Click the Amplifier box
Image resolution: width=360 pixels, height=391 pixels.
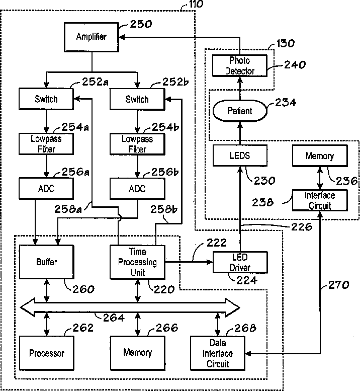tap(92, 37)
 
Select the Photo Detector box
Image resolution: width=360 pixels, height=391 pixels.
tap(240, 65)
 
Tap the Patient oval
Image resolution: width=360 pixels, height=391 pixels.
tap(240, 111)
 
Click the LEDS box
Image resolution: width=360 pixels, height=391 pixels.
tap(240, 155)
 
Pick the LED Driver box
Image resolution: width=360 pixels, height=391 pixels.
tap(240, 262)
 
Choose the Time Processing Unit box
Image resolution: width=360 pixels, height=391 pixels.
tap(137, 262)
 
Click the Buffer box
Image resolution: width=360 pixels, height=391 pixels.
tap(47, 262)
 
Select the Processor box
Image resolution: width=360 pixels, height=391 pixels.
tap(47, 353)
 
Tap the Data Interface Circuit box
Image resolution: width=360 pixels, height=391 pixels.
tap(218, 353)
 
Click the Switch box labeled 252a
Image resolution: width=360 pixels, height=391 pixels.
tap(46, 99)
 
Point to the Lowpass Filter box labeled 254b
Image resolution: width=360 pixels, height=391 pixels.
tap(137, 144)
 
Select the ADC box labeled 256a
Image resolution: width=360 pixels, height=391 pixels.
tap(46, 189)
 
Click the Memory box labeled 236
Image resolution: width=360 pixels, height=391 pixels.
tap(320, 156)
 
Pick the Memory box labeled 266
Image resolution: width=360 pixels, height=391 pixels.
tap(138, 353)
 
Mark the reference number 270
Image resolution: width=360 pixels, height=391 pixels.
tap(338, 285)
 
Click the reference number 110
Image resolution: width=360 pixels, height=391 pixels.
tap(196, 4)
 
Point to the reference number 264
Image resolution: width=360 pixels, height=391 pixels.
tap(114, 318)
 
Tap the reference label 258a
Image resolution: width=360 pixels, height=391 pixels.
tap(68, 209)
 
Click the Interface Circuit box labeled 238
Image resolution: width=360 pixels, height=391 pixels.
tap(320, 200)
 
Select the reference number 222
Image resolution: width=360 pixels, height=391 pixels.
tap(217, 243)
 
